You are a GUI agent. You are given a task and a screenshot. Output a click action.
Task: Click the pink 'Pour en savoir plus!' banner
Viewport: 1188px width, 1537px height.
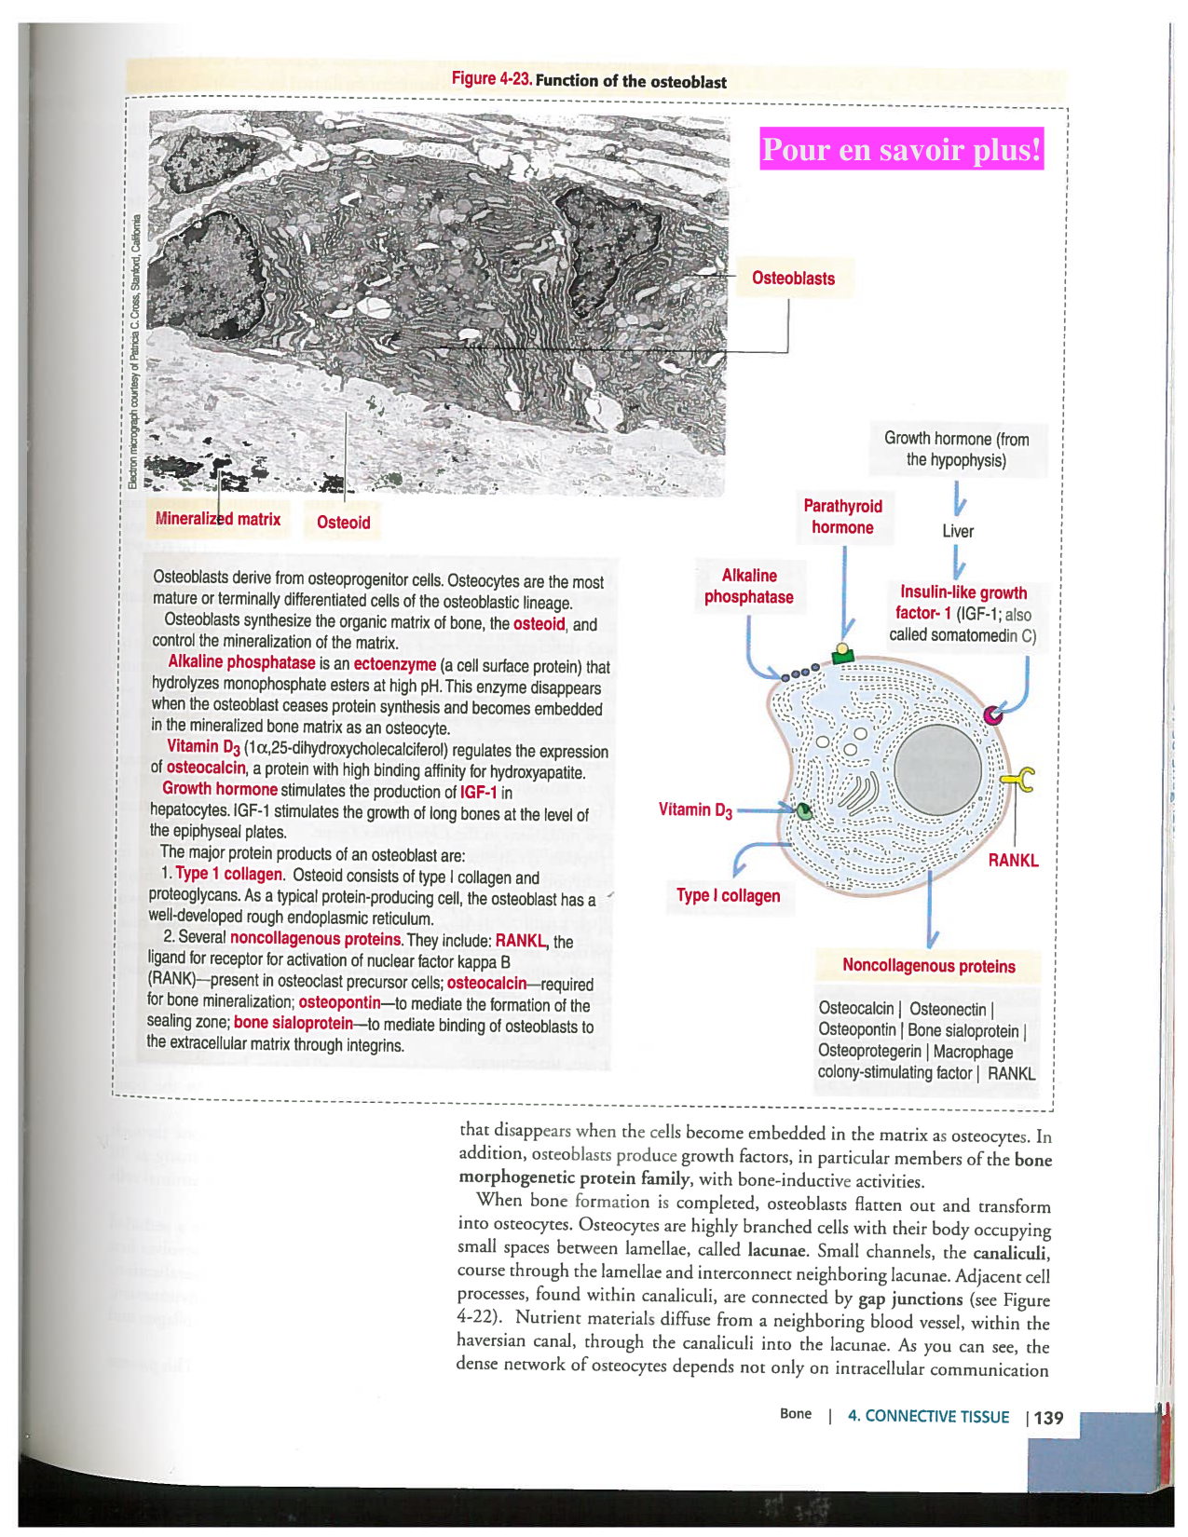point(901,149)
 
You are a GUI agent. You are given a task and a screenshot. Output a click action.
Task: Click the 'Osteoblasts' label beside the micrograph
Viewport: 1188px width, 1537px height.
point(793,279)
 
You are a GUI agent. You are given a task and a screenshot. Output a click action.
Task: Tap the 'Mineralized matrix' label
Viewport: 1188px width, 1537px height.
point(218,520)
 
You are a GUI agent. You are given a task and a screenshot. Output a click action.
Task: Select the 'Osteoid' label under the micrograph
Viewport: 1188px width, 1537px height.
point(343,523)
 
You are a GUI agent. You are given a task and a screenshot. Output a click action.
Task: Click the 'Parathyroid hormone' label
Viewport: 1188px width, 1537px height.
point(842,517)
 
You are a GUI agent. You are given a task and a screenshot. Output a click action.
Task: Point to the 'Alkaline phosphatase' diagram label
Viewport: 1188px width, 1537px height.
point(748,587)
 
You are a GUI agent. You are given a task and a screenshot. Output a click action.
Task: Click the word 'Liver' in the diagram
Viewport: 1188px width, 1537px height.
point(957,531)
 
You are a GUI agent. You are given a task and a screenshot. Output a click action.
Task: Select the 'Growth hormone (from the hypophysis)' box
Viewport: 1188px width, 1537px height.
point(956,449)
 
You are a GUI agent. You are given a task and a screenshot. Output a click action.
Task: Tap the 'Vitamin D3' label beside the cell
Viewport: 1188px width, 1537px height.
point(695,810)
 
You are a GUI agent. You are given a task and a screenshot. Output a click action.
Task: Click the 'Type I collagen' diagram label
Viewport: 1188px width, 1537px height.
point(728,896)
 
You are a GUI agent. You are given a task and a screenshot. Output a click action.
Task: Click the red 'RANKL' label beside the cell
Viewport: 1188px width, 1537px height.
point(1013,861)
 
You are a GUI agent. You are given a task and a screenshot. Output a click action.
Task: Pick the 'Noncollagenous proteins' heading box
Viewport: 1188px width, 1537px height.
point(928,966)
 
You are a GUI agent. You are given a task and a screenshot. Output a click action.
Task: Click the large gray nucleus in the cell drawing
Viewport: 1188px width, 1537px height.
point(937,769)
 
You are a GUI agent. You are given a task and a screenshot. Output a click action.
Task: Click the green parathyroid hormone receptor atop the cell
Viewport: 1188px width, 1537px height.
point(843,654)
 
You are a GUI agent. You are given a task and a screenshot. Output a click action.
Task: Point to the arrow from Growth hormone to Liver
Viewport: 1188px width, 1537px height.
point(959,502)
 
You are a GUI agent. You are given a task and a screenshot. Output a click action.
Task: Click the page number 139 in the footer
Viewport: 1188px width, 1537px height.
point(1048,1418)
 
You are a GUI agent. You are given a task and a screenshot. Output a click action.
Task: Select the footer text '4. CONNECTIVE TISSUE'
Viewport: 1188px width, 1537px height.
point(927,1417)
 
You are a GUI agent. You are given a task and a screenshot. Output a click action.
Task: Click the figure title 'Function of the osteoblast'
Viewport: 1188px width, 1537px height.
point(630,81)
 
